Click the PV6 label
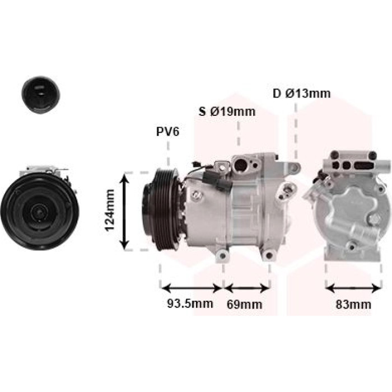pyautogui.click(x=168, y=132)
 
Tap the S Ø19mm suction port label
pyautogui.click(x=227, y=111)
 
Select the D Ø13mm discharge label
pyautogui.click(x=301, y=94)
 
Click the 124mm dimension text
pyautogui.click(x=110, y=211)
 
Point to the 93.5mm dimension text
pyautogui.click(x=190, y=304)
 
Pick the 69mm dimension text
pyautogui.click(x=245, y=304)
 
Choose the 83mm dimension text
pyautogui.click(x=353, y=304)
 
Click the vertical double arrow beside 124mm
pyautogui.click(x=124, y=211)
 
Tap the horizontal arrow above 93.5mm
pyautogui.click(x=191, y=288)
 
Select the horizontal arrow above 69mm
pyautogui.click(x=247, y=288)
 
